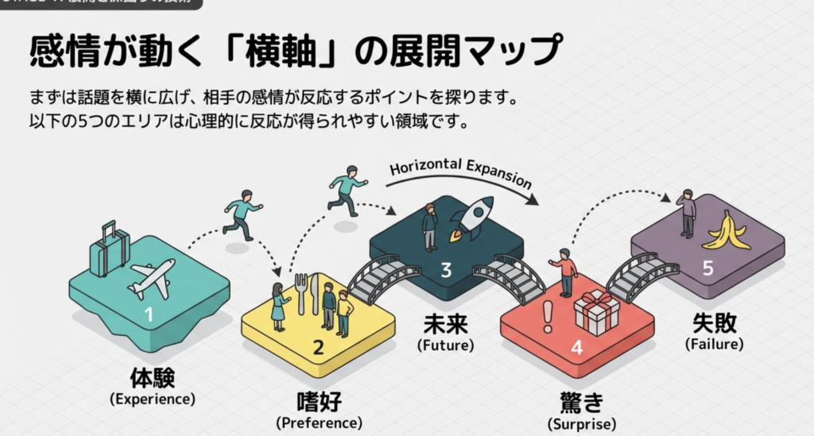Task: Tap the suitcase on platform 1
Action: pyautogui.click(x=108, y=248)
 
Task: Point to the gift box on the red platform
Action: pyautogui.click(x=597, y=312)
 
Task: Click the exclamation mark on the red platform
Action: pyautogui.click(x=547, y=317)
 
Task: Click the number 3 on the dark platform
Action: pyautogui.click(x=446, y=270)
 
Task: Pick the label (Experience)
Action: pyautogui.click(x=153, y=399)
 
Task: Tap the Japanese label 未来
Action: pyautogui.click(x=445, y=326)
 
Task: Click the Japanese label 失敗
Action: pyautogui.click(x=714, y=323)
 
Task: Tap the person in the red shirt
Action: pyautogui.click(x=565, y=272)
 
